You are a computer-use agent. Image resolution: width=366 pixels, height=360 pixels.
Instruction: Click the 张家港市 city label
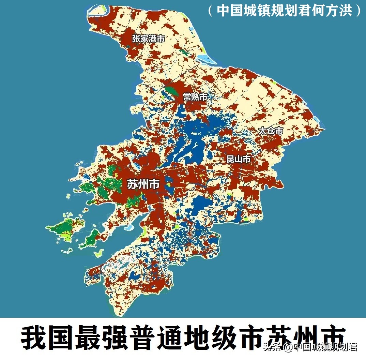tap(149, 39)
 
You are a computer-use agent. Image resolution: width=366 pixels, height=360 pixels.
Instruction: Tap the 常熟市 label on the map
tap(195, 97)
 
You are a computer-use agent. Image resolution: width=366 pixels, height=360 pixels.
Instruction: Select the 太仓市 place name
tap(271, 131)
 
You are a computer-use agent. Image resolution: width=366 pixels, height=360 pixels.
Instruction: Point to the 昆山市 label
tap(239, 159)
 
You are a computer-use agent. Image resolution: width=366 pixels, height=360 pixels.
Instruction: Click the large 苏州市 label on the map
tap(143, 184)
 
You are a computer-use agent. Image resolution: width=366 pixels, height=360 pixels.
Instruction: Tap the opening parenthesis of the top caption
tap(210, 11)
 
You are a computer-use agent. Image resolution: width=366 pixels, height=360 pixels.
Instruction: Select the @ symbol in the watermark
tap(288, 348)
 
